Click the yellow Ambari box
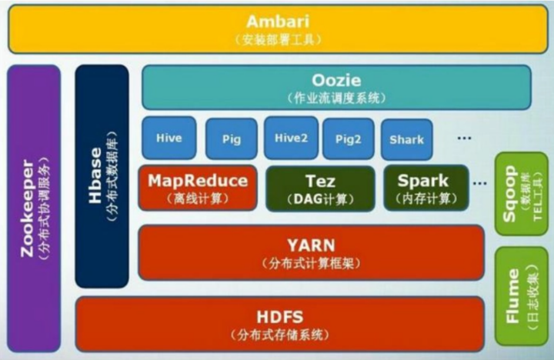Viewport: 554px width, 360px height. (x=277, y=29)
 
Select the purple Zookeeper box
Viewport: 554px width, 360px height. (x=32, y=208)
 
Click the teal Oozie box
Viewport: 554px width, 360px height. (x=336, y=87)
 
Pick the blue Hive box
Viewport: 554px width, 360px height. (x=169, y=138)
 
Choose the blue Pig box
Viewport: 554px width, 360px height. (x=231, y=139)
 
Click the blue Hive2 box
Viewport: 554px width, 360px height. (x=290, y=138)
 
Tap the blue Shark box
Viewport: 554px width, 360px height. (x=406, y=139)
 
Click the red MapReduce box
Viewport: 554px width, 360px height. (x=198, y=188)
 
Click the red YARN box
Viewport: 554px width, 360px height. (x=311, y=252)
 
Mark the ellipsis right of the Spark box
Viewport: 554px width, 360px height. (x=480, y=184)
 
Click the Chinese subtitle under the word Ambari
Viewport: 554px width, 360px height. (x=278, y=39)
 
